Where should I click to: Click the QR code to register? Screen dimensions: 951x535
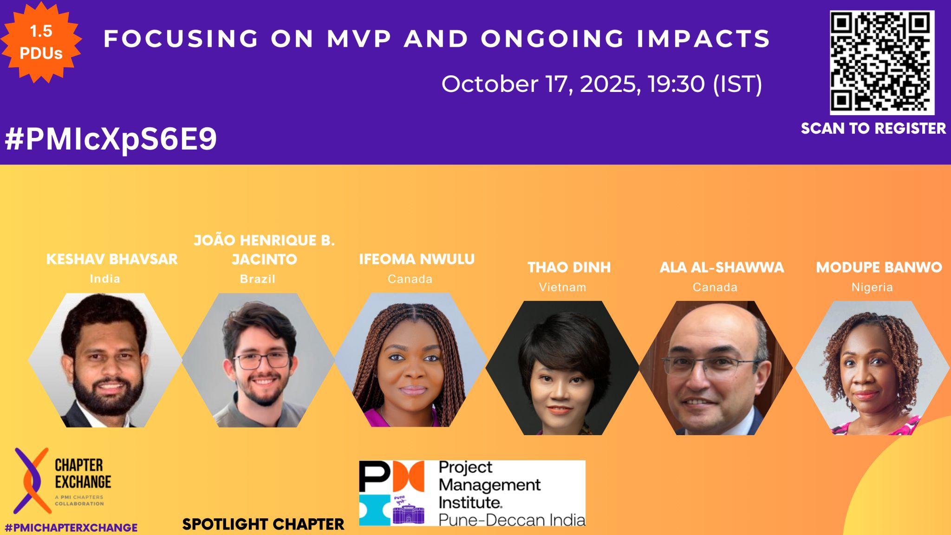882,63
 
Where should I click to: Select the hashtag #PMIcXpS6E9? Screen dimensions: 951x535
111,139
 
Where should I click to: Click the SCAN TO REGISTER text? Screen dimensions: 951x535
873,129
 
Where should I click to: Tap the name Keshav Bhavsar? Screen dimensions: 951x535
112,259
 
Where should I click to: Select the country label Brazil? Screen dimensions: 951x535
258,279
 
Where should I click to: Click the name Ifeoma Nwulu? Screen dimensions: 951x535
417,259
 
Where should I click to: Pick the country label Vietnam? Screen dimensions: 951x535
562,287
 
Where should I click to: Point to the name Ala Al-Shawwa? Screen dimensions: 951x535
722,267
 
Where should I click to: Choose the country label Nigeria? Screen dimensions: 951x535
872,287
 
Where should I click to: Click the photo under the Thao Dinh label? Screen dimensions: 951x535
562,368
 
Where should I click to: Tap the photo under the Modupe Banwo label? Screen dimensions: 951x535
873,368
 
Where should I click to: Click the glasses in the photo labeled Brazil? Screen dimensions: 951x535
261,361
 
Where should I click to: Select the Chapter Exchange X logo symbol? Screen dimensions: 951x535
31,480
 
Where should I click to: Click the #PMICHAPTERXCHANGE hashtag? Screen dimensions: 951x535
71,528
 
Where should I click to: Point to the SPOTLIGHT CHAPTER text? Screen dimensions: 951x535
263,524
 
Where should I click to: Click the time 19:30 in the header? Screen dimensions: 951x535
677,84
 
